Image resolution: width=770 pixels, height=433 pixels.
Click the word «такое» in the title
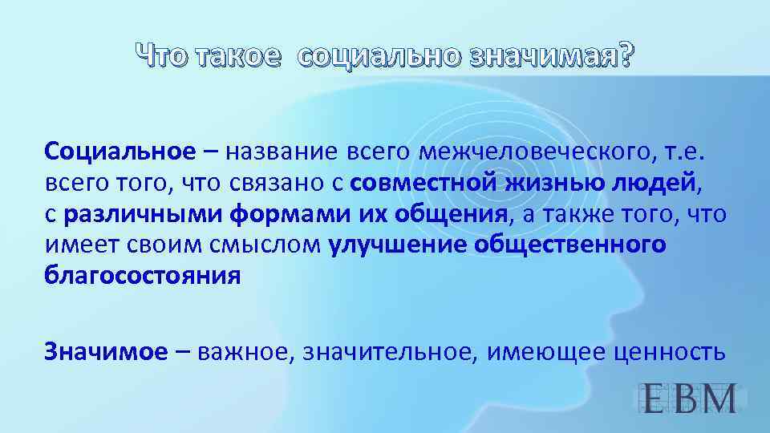click(x=238, y=56)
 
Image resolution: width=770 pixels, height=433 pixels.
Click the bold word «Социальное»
click(x=120, y=152)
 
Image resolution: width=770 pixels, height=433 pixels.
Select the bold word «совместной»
click(x=423, y=183)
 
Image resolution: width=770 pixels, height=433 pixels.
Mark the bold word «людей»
click(x=655, y=183)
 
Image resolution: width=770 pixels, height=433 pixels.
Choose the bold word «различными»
click(x=144, y=214)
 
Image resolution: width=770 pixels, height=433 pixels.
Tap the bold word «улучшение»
click(x=397, y=245)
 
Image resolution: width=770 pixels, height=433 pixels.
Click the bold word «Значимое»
click(x=107, y=350)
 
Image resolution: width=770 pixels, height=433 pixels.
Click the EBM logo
click(x=691, y=399)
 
